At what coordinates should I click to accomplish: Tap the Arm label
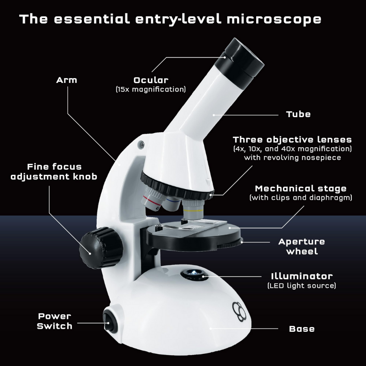pos(66,80)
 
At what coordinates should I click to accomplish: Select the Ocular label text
pos(150,80)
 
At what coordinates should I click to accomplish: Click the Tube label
pos(298,114)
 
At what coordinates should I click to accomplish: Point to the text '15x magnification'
pos(150,89)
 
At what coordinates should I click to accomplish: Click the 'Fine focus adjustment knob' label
pos(54,172)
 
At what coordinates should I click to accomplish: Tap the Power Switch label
pos(54,321)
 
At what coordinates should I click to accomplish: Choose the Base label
pos(302,329)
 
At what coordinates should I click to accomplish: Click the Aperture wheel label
pos(302,246)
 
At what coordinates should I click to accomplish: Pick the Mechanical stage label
pos(301,189)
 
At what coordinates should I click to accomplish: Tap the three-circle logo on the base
pos(240,310)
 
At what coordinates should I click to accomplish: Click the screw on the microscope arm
pos(142,144)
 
